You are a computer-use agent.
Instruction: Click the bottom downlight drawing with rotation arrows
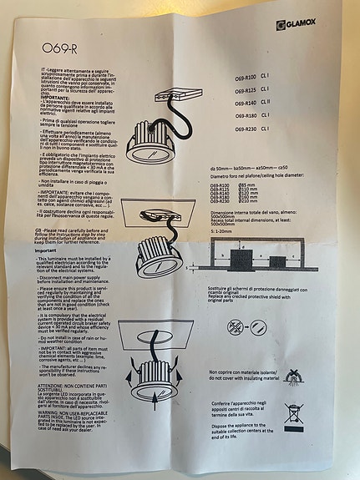pyautogui.click(x=155, y=376)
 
